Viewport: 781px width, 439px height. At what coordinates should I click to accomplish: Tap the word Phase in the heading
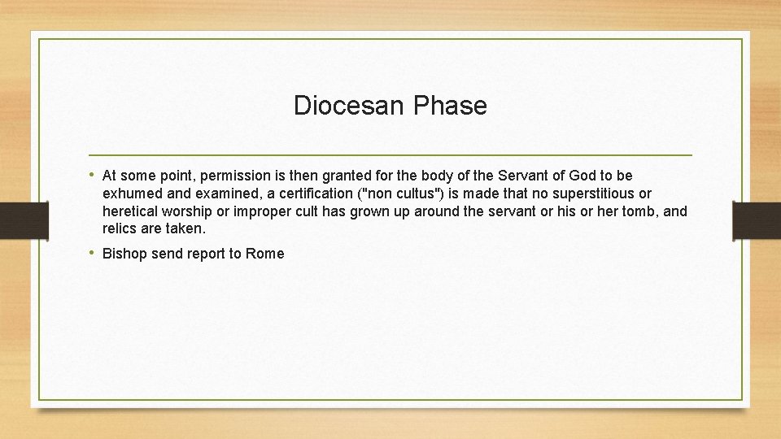[450, 106]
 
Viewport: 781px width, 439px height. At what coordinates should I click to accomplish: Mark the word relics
[121, 228]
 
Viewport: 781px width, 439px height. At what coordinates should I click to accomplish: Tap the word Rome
[265, 254]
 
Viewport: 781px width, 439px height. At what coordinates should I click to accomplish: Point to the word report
[207, 254]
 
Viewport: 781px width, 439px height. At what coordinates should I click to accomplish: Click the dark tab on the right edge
[756, 220]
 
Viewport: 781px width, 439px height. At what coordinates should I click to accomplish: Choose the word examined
[201, 193]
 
